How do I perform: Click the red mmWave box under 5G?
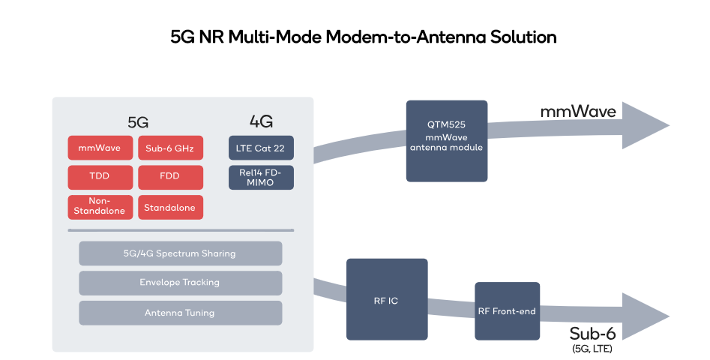(100, 148)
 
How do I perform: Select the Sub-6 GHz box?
(170, 148)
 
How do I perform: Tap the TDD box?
(100, 178)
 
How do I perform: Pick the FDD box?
(170, 178)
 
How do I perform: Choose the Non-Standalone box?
(100, 207)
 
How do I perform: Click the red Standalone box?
(170, 207)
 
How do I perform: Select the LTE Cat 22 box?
(261, 148)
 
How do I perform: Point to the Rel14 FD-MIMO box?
(261, 178)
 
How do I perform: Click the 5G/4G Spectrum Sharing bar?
(180, 253)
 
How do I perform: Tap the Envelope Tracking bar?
(180, 283)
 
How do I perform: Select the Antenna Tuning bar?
(180, 313)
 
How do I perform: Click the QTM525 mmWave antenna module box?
(447, 141)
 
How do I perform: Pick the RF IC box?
(387, 299)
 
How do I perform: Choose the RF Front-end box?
(507, 310)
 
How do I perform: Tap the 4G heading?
(261, 121)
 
